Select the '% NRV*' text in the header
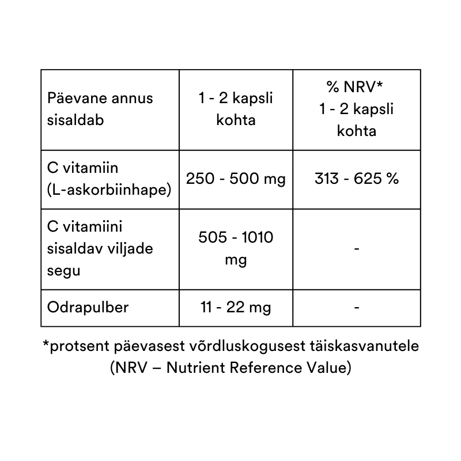356,88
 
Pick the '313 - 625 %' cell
357,179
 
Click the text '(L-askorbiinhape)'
109,190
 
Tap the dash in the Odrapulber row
357,307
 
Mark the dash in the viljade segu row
357,248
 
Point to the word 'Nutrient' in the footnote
193,367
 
